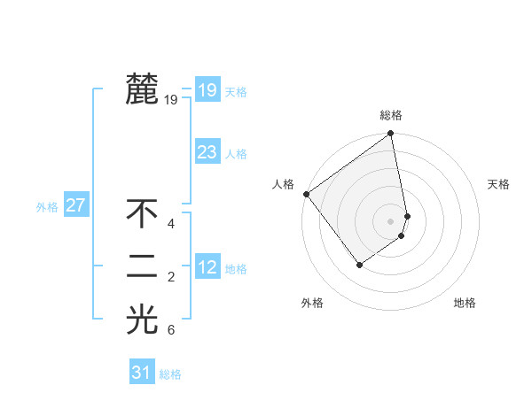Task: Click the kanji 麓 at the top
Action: click(x=142, y=89)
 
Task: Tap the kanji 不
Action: click(x=142, y=213)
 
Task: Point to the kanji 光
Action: click(x=142, y=320)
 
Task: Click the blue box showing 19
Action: click(x=207, y=89)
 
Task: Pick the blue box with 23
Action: click(x=207, y=151)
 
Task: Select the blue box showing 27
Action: click(x=75, y=205)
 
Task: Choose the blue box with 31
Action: click(x=141, y=373)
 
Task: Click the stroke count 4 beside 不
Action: click(x=171, y=224)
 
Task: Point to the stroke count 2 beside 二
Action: click(x=171, y=278)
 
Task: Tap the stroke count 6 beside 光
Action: click(x=171, y=331)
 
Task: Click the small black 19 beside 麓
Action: click(x=171, y=100)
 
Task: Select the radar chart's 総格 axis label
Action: click(x=391, y=115)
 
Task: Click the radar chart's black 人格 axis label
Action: click(x=283, y=184)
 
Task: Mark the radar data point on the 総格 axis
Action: click(x=391, y=135)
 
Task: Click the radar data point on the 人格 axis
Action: click(x=306, y=194)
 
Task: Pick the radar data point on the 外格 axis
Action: click(x=359, y=264)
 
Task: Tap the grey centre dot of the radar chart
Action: click(x=391, y=220)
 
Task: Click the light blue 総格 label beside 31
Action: click(x=170, y=374)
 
